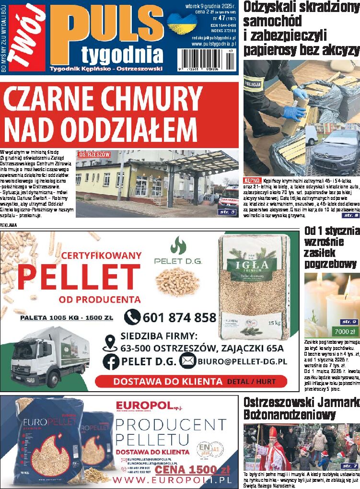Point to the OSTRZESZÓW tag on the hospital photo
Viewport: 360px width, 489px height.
coord(94,155)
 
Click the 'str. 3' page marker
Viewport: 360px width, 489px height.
coord(227,211)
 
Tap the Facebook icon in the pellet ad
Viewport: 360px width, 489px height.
coord(111,361)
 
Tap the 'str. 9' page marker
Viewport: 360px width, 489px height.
coord(348,322)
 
